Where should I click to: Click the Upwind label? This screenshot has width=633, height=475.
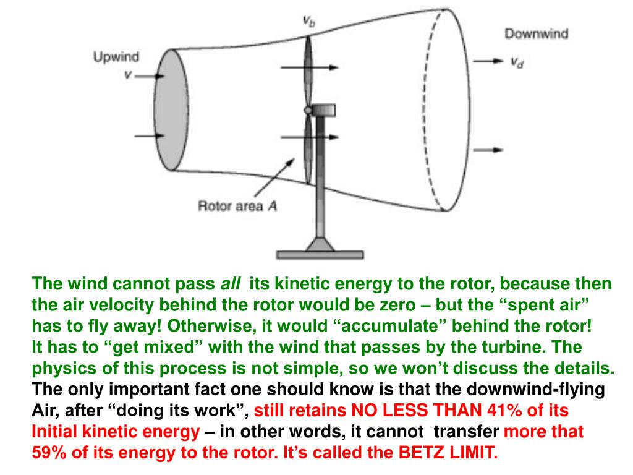(116, 58)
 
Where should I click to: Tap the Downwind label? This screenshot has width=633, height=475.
(536, 33)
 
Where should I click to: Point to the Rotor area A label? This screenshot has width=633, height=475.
(237, 206)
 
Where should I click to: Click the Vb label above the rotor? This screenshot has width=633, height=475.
(309, 22)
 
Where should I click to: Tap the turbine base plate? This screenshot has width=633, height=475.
(319, 254)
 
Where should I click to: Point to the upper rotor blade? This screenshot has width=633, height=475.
(308, 71)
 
